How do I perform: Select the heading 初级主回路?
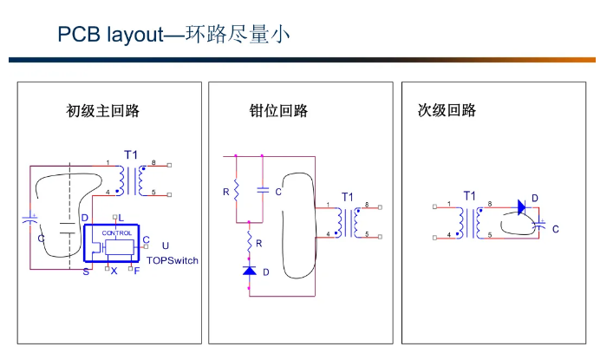coord(103,111)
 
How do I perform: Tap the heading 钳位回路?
coord(278,111)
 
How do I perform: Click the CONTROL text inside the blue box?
coord(117,233)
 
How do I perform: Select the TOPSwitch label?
coord(173,259)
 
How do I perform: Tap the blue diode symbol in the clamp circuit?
coord(250,272)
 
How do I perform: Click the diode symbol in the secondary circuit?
coord(521,206)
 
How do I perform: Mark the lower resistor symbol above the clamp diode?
coord(250,242)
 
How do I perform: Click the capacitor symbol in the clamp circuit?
coord(262,189)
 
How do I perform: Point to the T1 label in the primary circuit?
coord(130,154)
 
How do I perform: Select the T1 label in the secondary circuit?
coord(469,196)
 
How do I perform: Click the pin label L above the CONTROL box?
coord(121,217)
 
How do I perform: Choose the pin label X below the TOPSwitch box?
coord(114,272)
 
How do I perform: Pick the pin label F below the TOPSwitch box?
coord(137,272)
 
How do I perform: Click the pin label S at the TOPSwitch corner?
coord(86,272)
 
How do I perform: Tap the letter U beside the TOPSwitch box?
coord(166,245)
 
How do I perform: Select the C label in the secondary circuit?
coord(555,229)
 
